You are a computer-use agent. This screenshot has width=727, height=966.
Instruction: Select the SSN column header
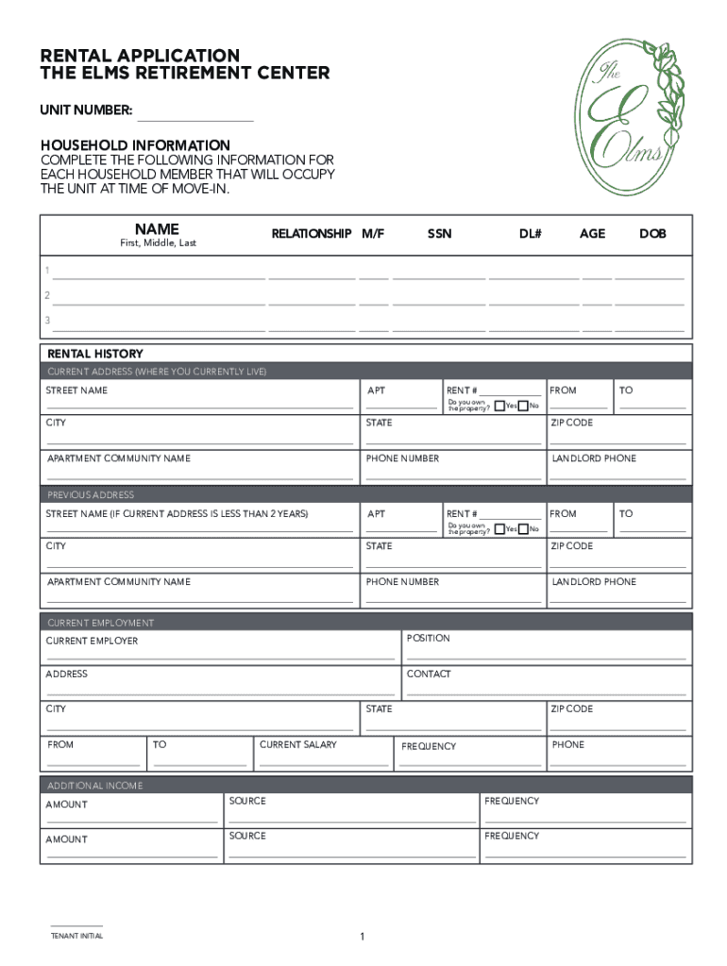click(x=439, y=233)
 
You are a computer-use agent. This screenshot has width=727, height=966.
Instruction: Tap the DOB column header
click(x=652, y=233)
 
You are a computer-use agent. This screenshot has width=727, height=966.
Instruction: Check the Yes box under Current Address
click(x=499, y=406)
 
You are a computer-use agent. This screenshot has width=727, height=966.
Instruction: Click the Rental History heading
click(x=95, y=354)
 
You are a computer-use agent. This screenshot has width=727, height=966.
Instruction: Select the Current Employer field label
click(x=92, y=641)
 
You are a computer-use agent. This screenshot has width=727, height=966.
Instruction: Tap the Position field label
click(x=428, y=639)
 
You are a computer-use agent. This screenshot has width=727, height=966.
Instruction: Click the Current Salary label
click(x=297, y=745)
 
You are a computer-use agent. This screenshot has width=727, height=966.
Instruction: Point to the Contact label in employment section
click(x=429, y=675)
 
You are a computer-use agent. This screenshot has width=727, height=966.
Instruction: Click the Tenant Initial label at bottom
click(x=76, y=936)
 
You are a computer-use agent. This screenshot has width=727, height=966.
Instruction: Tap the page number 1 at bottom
click(x=362, y=937)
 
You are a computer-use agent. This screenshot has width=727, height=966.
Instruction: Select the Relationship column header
click(x=312, y=233)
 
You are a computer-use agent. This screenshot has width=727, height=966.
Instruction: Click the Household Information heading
click(x=135, y=145)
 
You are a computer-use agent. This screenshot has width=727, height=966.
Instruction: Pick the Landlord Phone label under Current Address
click(x=594, y=458)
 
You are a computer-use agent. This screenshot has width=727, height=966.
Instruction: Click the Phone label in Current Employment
click(x=568, y=745)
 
